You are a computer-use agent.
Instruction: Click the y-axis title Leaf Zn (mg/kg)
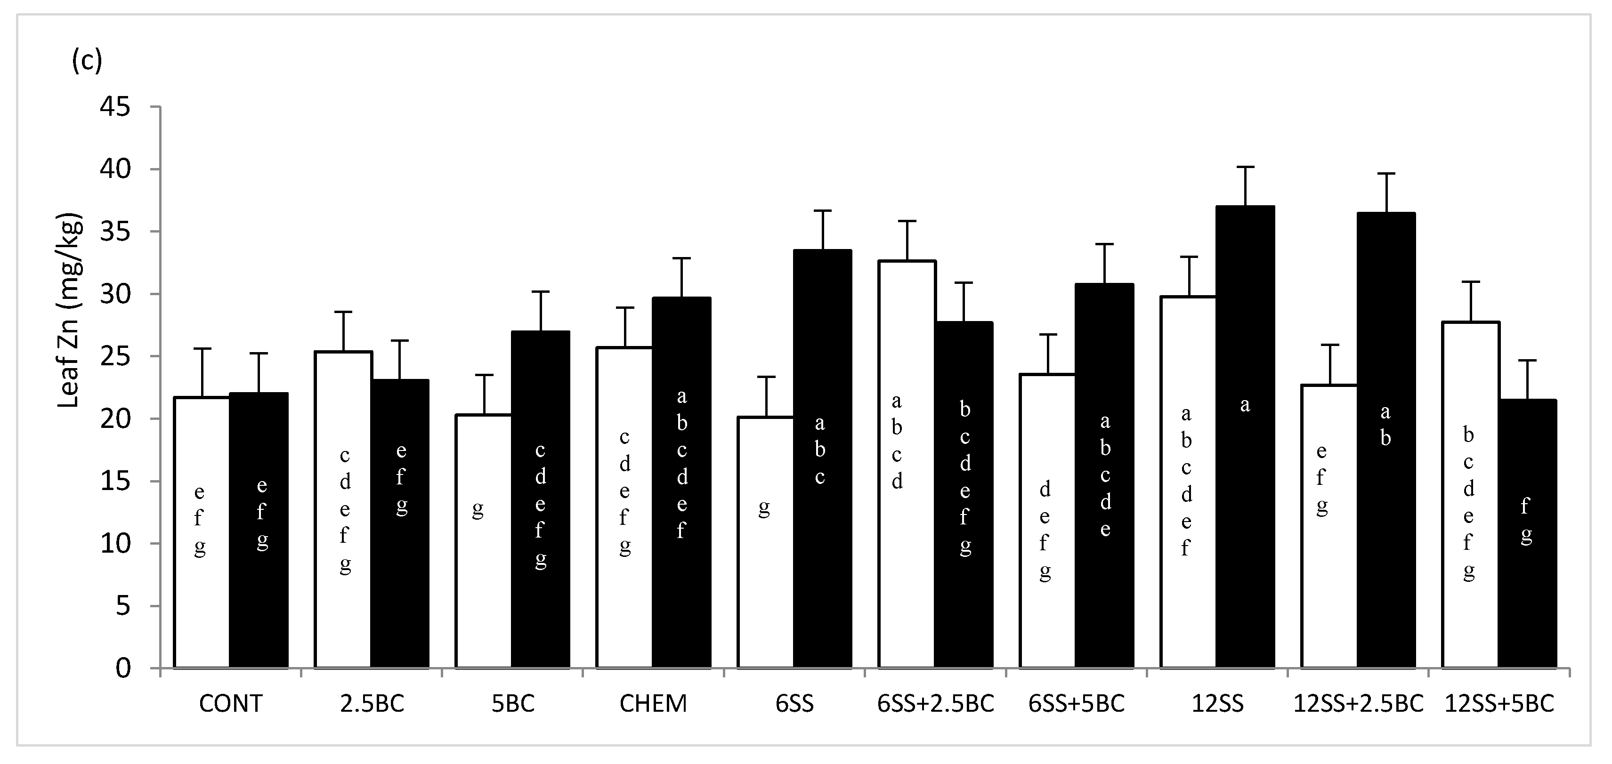click(x=70, y=312)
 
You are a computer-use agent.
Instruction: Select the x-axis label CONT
click(x=230, y=704)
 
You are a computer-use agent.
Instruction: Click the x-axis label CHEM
click(x=653, y=704)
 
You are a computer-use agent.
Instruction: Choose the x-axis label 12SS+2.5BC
click(x=1358, y=704)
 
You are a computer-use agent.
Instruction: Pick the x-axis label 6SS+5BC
click(x=1077, y=704)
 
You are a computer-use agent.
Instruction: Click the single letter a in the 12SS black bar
click(x=1245, y=405)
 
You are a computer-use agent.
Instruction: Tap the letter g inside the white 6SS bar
click(x=763, y=508)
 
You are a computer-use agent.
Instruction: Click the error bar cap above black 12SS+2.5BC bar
click(x=1386, y=173)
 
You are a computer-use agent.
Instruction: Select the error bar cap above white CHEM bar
click(x=624, y=308)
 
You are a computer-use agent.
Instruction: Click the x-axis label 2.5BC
click(x=372, y=704)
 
